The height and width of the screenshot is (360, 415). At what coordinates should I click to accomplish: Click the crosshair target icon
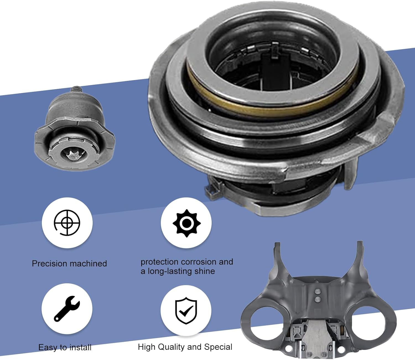[x=67, y=223]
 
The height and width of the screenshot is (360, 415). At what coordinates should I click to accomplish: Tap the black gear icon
[x=187, y=223]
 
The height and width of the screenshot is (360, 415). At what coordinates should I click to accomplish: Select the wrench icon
[x=67, y=308]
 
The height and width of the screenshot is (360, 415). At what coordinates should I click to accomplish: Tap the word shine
[x=204, y=271]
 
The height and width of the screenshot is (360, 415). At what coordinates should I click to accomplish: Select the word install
[x=81, y=347]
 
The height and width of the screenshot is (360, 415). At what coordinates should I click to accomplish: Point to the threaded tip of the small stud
[x=76, y=90]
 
